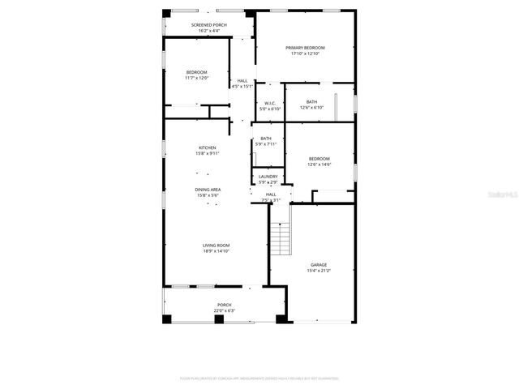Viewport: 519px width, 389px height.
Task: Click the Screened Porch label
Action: pyautogui.click(x=208, y=25)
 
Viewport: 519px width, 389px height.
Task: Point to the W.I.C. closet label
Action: pyautogui.click(x=270, y=103)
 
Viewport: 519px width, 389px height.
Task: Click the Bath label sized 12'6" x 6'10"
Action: pyautogui.click(x=311, y=102)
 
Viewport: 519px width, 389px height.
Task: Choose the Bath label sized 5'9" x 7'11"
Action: pyautogui.click(x=266, y=139)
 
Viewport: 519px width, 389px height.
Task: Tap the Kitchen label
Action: pyautogui.click(x=208, y=147)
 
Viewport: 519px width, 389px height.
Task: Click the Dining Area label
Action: pyautogui.click(x=208, y=190)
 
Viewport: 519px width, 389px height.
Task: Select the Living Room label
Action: pyautogui.click(x=216, y=246)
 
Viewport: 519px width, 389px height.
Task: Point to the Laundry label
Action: pyautogui.click(x=268, y=177)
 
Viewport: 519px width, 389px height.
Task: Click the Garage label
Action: pyautogui.click(x=319, y=265)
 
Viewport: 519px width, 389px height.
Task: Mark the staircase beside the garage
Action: pyautogui.click(x=280, y=239)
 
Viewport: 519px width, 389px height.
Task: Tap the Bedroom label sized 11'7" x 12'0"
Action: pyautogui.click(x=197, y=73)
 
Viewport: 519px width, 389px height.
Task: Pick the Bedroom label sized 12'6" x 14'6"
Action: pyautogui.click(x=319, y=159)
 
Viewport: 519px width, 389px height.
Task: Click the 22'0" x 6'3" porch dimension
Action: pyautogui.click(x=224, y=310)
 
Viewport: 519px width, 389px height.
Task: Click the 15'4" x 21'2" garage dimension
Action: pyautogui.click(x=319, y=271)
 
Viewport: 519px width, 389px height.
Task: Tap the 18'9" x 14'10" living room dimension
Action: pyautogui.click(x=216, y=251)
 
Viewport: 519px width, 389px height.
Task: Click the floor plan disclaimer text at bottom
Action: pyautogui.click(x=259, y=378)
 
